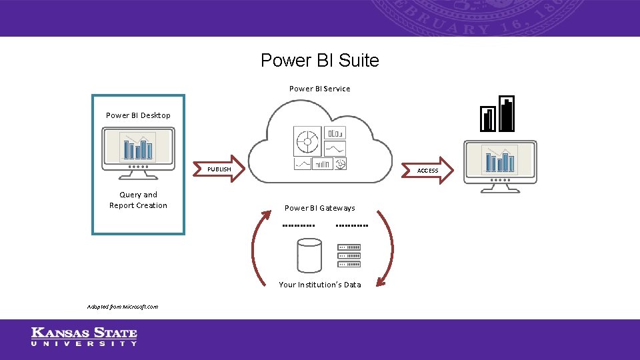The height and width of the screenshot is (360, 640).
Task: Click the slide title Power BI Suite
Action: [319, 61]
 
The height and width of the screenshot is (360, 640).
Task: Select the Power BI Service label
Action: [319, 89]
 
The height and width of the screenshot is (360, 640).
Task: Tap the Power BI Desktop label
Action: [138, 115]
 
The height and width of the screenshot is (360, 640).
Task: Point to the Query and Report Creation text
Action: [138, 200]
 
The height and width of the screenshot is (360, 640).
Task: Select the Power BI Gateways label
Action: [319, 208]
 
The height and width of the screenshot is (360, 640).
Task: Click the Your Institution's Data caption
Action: [319, 285]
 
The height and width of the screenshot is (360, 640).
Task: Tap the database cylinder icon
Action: [309, 255]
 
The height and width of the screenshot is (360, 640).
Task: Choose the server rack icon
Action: [349, 255]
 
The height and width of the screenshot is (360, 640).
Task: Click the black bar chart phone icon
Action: [498, 114]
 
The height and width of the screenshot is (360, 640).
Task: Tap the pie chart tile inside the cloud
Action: [307, 141]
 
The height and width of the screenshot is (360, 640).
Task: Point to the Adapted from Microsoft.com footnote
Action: [123, 307]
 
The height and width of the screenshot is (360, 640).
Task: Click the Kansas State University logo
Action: [84, 337]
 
